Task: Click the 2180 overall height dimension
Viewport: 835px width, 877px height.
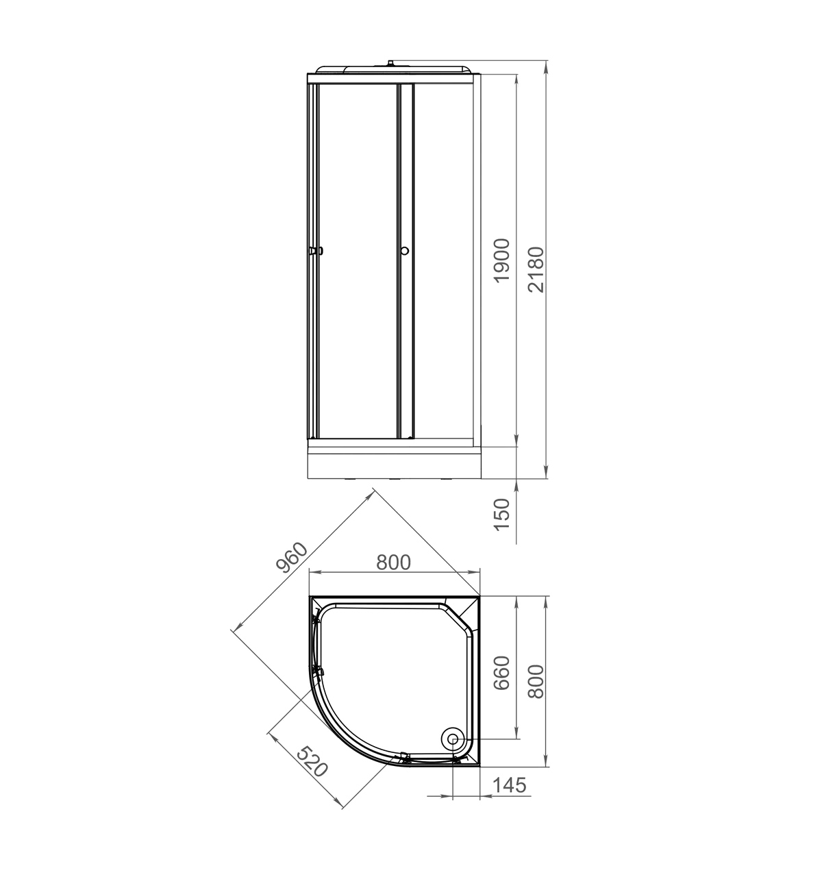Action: pyautogui.click(x=536, y=269)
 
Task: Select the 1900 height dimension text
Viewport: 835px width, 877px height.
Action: pyautogui.click(x=501, y=260)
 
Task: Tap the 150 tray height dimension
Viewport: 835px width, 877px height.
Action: pyautogui.click(x=501, y=515)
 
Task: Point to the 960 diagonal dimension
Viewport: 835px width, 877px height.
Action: pyautogui.click(x=292, y=557)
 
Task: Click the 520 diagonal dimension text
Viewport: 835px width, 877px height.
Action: pyautogui.click(x=312, y=761)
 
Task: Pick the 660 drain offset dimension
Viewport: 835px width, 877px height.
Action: pyautogui.click(x=501, y=673)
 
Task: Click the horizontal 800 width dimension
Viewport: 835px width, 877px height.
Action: pyautogui.click(x=393, y=563)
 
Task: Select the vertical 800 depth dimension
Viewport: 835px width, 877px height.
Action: pyautogui.click(x=536, y=682)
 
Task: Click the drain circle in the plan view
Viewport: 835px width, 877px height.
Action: pyautogui.click(x=453, y=739)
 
